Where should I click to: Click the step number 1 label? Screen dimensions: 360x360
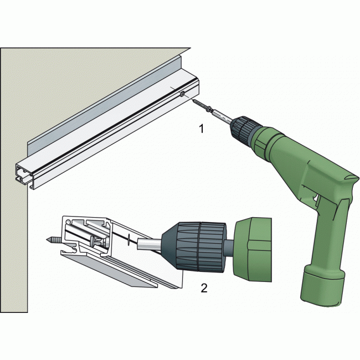pos(202,129)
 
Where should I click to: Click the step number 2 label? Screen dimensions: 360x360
pos(204,287)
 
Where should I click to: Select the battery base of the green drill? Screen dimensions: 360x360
pos(322,286)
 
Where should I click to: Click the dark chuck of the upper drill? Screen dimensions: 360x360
pos(245,130)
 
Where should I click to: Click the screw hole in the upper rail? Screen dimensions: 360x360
pos(183,94)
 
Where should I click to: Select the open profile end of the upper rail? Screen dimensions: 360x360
pos(25,176)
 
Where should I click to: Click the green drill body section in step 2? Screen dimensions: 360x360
pos(253,250)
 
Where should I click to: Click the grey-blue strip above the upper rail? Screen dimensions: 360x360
pos(104,104)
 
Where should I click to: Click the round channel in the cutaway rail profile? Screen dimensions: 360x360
pos(69,222)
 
